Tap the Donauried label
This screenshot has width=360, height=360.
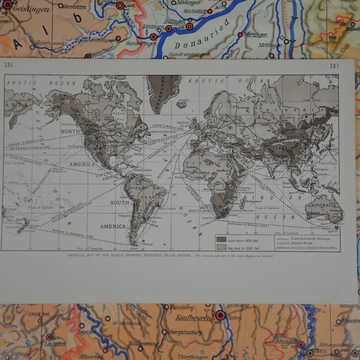pyautogui.click(x=202, y=43)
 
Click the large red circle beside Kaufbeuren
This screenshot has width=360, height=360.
pyautogui.click(x=220, y=315)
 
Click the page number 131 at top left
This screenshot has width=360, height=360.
pyautogui.click(x=8, y=65)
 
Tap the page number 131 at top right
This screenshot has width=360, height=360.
pyautogui.click(x=334, y=65)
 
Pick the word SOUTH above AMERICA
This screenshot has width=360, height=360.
pyautogui.click(x=119, y=202)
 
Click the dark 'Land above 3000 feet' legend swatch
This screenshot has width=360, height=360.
pyautogui.click(x=221, y=239)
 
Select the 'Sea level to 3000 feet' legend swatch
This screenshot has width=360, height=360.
pyautogui.click(x=221, y=246)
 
